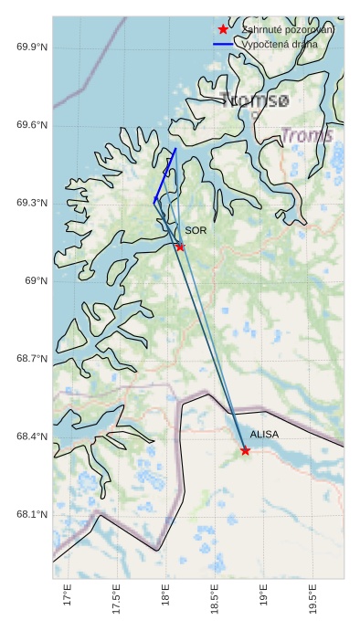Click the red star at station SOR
(x=180, y=247)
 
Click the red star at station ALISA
(x=245, y=450)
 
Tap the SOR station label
(x=196, y=231)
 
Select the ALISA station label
(x=264, y=435)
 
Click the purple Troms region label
(x=307, y=136)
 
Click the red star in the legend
(x=223, y=30)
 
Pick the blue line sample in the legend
(x=223, y=44)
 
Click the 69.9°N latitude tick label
(x=32, y=47)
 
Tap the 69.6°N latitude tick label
(x=32, y=125)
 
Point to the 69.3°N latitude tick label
(x=32, y=203)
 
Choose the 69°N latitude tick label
(x=37, y=280)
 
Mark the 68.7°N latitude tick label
(x=32, y=359)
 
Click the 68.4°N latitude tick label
(x=32, y=436)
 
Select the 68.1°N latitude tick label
(x=32, y=514)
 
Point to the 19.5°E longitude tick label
(x=314, y=602)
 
